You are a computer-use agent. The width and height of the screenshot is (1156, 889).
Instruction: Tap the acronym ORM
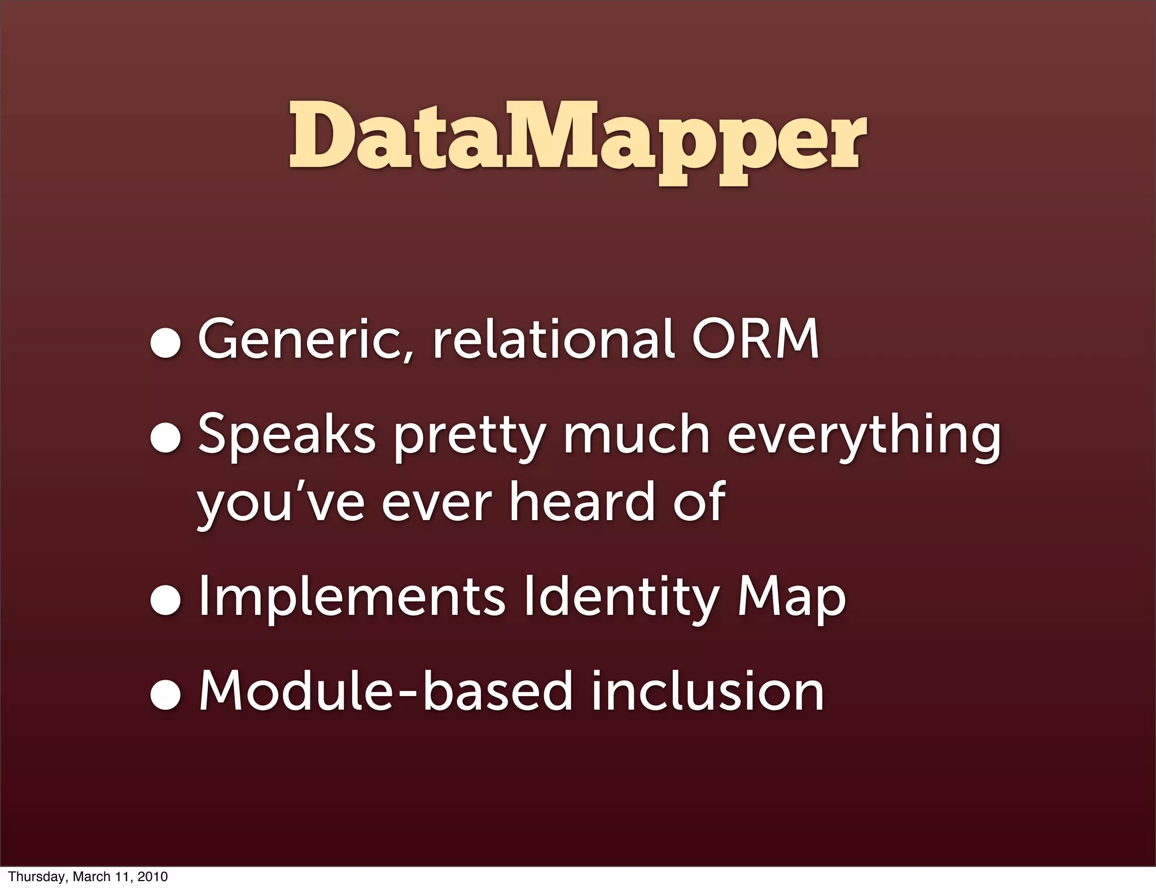point(755,340)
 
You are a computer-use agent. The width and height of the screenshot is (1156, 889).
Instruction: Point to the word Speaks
point(286,434)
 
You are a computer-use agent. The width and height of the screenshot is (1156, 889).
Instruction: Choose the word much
point(636,434)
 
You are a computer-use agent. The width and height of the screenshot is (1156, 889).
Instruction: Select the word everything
point(864,437)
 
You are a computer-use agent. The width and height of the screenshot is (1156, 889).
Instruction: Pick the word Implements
point(352,597)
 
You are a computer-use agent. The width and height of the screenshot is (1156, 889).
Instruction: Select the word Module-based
point(386,690)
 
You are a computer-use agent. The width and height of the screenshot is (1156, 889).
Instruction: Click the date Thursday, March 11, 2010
point(87,877)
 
